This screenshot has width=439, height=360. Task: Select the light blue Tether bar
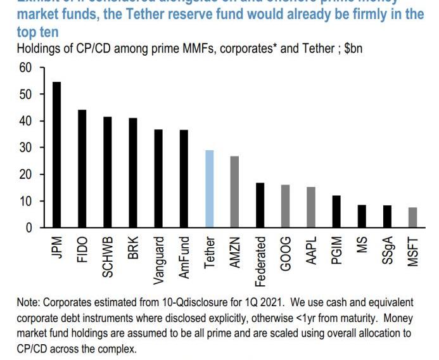pyautogui.click(x=210, y=188)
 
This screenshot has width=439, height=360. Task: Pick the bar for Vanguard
pyautogui.click(x=158, y=178)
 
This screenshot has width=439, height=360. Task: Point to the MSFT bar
pyautogui.click(x=412, y=217)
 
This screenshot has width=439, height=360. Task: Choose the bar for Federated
pyautogui.click(x=260, y=205)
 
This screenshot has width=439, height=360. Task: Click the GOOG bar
pyautogui.click(x=286, y=205)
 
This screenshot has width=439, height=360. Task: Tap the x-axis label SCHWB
pyautogui.click(x=108, y=257)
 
